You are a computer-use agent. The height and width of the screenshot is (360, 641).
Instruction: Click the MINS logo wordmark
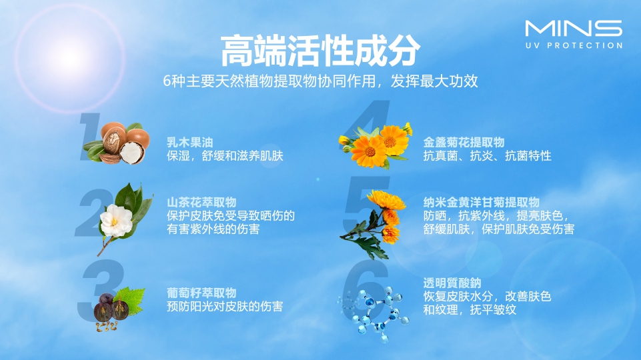pos(573,29)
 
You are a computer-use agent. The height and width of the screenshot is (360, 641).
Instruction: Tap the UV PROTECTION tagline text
pos(573,46)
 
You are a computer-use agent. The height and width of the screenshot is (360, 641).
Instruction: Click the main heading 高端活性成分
pos(321,49)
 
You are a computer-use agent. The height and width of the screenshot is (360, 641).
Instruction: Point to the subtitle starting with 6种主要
pos(321,81)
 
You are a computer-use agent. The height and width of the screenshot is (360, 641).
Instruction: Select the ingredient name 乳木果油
pos(189,142)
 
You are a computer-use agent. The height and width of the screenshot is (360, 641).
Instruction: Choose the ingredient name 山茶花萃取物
pos(201,202)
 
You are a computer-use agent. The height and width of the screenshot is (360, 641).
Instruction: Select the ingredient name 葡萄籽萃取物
pos(201,293)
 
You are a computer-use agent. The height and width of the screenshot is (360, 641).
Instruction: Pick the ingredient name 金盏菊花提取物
pos(464,142)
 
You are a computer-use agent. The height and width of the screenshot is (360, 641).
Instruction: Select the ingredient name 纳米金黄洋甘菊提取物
pos(481,202)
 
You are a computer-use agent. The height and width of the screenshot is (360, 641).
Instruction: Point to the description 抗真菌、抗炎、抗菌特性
pos(487,156)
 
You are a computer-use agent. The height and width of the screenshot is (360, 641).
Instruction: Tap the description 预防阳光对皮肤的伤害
pos(225,307)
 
